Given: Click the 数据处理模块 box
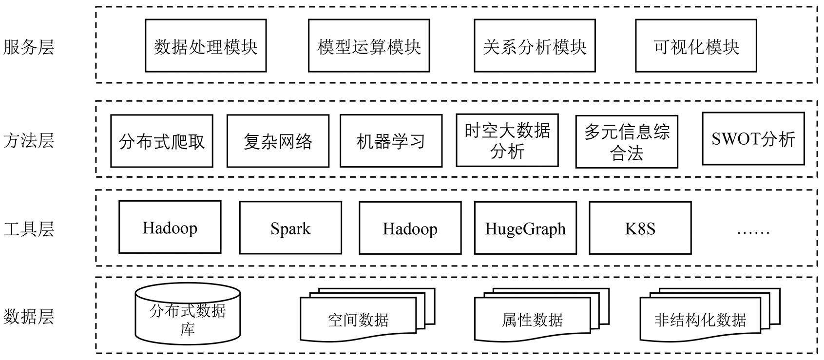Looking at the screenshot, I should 206,46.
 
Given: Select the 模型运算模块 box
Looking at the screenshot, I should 369,46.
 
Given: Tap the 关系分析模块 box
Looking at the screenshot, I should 535,46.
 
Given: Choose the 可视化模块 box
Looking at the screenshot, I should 696,46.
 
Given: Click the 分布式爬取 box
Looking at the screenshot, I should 162,141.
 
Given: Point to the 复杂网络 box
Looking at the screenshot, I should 278,141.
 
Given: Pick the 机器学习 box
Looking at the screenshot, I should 391,141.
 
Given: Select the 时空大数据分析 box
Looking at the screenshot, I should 507,140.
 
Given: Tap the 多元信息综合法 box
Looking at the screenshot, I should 627,142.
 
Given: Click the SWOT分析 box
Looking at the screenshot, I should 753,139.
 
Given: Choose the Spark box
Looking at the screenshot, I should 290,228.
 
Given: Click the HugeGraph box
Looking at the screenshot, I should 525,228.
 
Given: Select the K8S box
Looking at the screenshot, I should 640,228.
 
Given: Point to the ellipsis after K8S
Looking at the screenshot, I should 753,231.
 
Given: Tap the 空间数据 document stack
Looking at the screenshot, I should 358,320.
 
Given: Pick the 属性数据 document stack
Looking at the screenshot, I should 532,320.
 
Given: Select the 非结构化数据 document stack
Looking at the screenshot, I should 700,320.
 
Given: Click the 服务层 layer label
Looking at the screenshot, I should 28,47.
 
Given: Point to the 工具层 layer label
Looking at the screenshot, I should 28,228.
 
